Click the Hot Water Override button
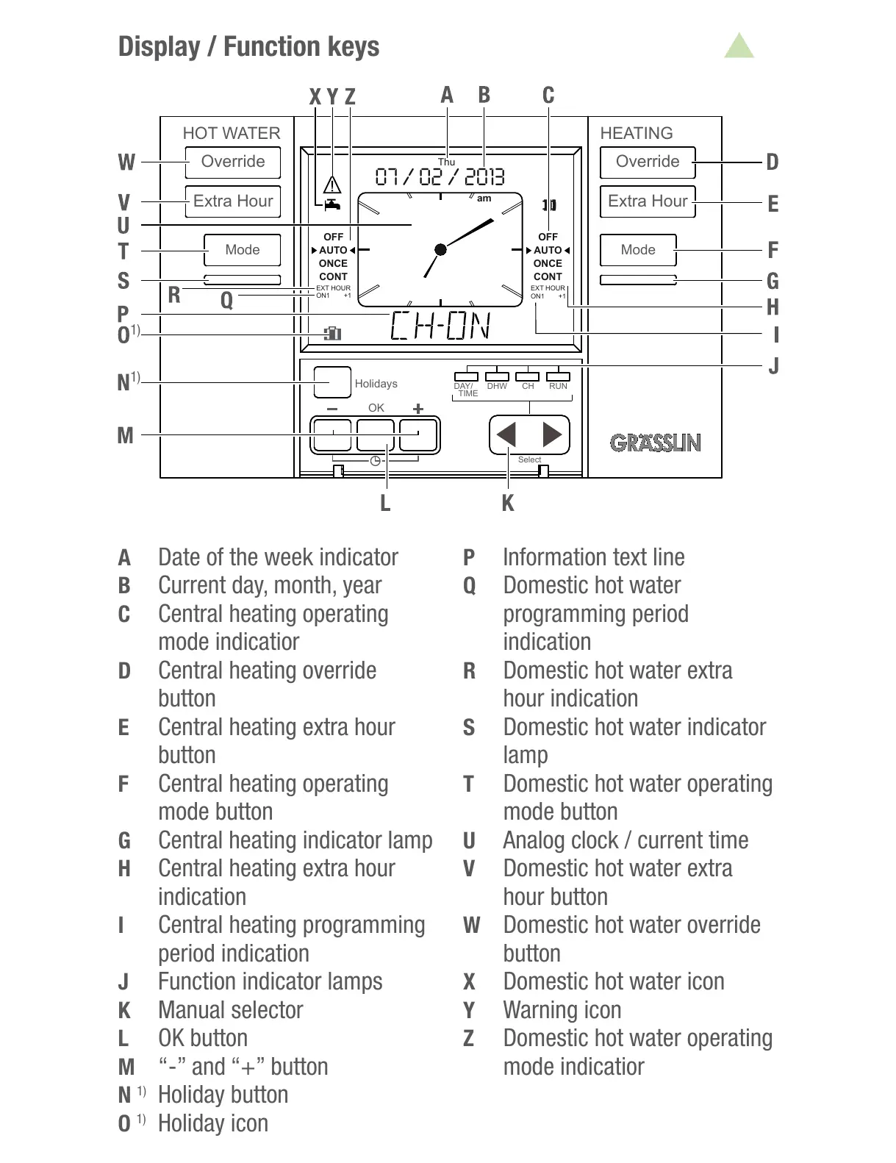tap(232, 162)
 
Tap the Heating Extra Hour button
tap(647, 201)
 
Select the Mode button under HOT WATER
tap(242, 250)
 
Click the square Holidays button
tap(332, 382)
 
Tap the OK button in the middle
tap(376, 435)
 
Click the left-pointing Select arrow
tap(507, 435)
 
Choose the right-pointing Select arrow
tap(552, 435)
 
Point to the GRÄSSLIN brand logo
tap(655, 443)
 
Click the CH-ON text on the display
tap(440, 326)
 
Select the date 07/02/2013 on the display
tap(440, 177)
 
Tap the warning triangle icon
tap(333, 184)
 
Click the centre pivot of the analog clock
tap(440, 250)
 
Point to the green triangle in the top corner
tap(739, 47)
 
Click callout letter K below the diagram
tap(507, 504)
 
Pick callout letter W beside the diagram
tap(126, 162)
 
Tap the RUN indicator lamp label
tap(558, 386)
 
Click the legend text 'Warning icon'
tap(562, 1010)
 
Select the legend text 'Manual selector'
tap(230, 1010)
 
